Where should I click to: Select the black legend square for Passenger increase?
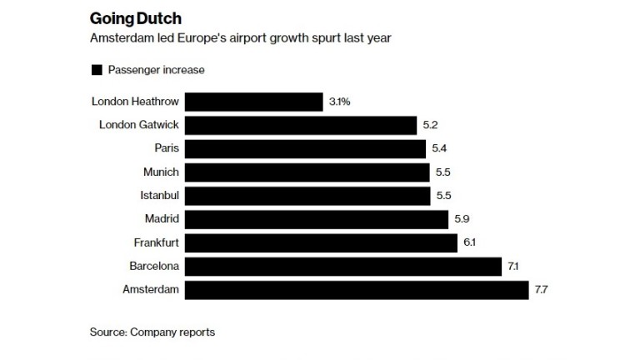(x=96, y=70)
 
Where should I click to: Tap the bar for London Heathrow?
(x=253, y=102)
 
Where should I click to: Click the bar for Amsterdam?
(x=356, y=290)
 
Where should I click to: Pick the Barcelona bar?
(x=342, y=267)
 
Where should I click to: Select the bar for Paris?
(x=305, y=148)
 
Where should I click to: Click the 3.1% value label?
(x=340, y=102)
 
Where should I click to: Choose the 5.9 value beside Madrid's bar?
(x=463, y=219)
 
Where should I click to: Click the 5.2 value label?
(x=430, y=125)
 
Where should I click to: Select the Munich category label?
(x=161, y=172)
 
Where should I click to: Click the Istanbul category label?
(x=160, y=196)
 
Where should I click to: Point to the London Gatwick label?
(x=138, y=125)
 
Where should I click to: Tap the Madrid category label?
(x=162, y=219)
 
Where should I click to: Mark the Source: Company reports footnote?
(x=152, y=332)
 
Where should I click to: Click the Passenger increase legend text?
(x=154, y=70)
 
